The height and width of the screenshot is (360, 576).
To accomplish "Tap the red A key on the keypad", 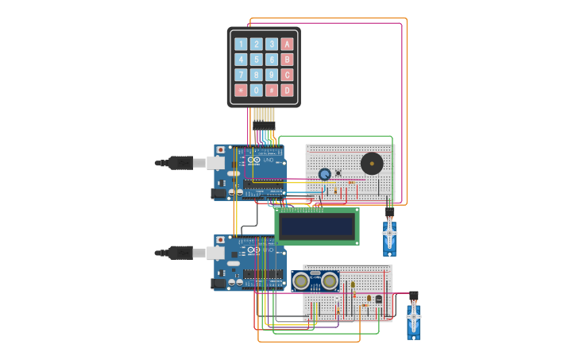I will tap(287, 45).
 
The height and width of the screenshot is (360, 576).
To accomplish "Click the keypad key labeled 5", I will tap(256, 60).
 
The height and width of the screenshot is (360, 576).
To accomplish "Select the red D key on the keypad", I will tap(287, 91).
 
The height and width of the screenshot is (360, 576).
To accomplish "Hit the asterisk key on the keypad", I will tap(241, 91).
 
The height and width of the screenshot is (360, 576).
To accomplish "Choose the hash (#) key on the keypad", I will tap(272, 91).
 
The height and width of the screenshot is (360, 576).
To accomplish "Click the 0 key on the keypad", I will tap(256, 91).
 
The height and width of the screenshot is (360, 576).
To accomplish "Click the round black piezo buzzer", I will tap(371, 164).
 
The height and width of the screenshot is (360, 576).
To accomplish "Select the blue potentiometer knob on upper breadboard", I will tap(324, 174).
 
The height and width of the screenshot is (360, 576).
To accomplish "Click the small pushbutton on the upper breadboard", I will tap(338, 172).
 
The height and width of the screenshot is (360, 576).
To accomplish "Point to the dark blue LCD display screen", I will tap(316, 226).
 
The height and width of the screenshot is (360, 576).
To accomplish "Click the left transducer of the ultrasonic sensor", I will tap(301, 281).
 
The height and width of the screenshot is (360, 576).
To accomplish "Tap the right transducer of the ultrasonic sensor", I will tap(329, 281).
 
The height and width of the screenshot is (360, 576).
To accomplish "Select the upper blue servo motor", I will tap(389, 236).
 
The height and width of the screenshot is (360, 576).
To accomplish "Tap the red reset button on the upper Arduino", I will tap(220, 150).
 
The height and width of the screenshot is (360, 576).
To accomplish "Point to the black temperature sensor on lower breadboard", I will tap(378, 299).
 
